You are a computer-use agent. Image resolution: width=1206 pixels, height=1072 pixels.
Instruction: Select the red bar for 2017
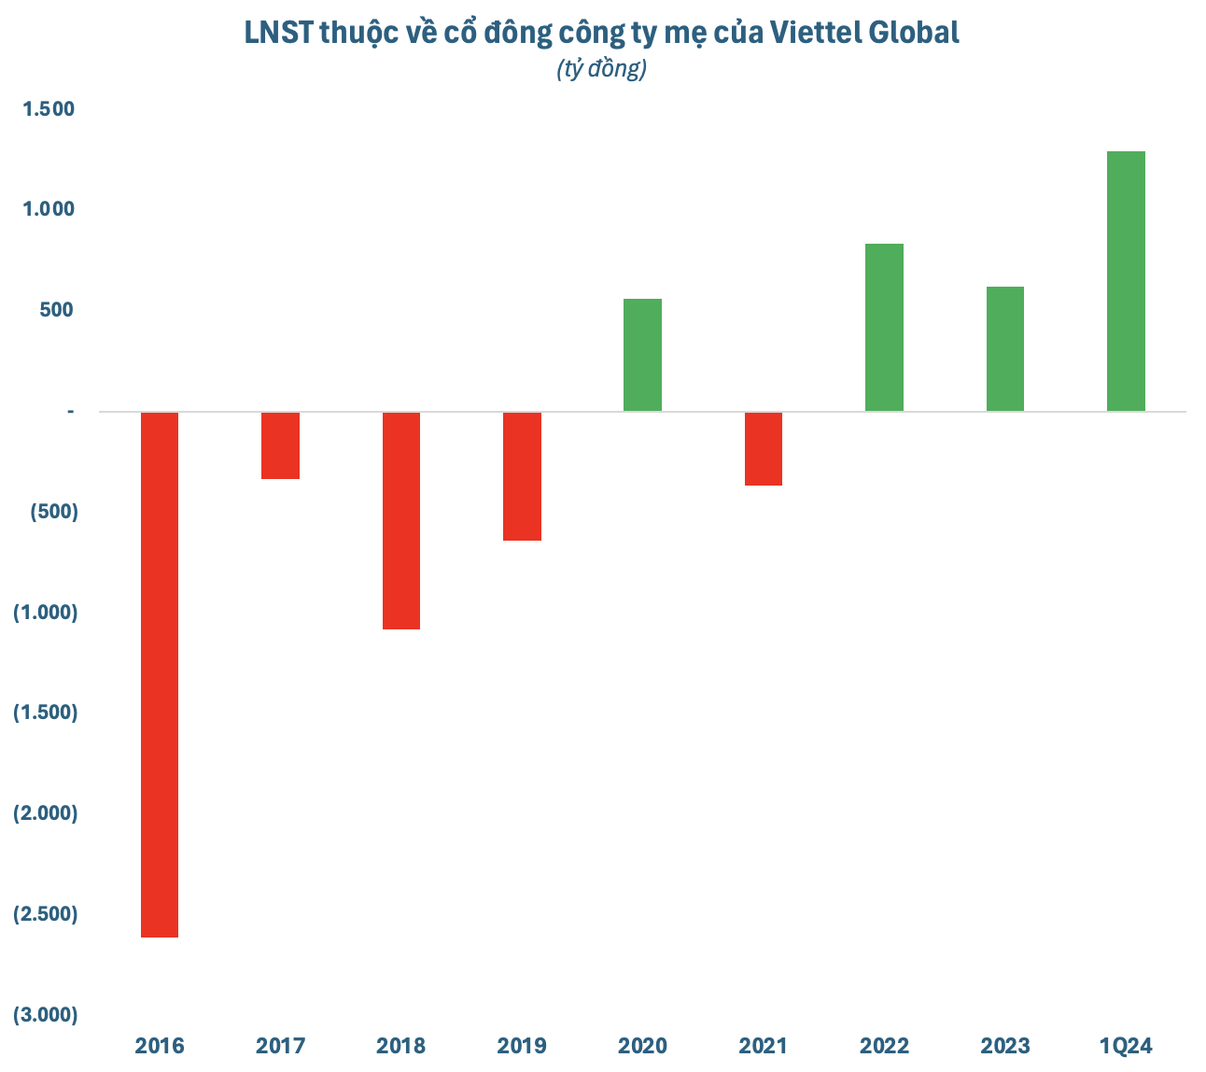(x=280, y=445)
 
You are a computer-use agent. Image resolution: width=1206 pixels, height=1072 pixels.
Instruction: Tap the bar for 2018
(x=401, y=520)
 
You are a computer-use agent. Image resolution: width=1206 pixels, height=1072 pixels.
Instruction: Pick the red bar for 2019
(x=522, y=476)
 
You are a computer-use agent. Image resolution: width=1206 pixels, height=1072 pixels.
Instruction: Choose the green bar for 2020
(x=642, y=355)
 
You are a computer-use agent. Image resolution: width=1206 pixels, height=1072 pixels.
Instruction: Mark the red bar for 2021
(x=764, y=448)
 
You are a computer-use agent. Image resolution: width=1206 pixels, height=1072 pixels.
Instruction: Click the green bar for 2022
(x=884, y=327)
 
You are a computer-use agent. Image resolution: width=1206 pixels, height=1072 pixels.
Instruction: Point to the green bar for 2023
(x=1005, y=348)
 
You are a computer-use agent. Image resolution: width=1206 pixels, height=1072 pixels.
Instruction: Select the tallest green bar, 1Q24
(x=1126, y=281)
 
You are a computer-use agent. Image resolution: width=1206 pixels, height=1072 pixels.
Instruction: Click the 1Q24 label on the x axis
(x=1127, y=1045)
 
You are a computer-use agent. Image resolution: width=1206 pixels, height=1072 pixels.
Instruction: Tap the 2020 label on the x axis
(x=643, y=1045)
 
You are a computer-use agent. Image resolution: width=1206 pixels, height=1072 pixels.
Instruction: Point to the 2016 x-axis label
(x=160, y=1045)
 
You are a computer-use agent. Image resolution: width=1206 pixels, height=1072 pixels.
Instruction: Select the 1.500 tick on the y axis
(x=49, y=109)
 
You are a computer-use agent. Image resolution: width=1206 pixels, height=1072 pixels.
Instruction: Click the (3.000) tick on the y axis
(x=45, y=1014)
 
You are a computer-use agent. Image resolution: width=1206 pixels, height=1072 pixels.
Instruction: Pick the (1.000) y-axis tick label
(x=45, y=613)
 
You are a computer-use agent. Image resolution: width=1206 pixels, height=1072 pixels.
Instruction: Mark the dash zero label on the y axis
(x=70, y=411)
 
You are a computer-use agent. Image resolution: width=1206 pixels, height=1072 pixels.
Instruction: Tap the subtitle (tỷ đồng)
(x=602, y=69)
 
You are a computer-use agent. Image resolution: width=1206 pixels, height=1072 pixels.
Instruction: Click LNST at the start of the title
(x=277, y=33)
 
